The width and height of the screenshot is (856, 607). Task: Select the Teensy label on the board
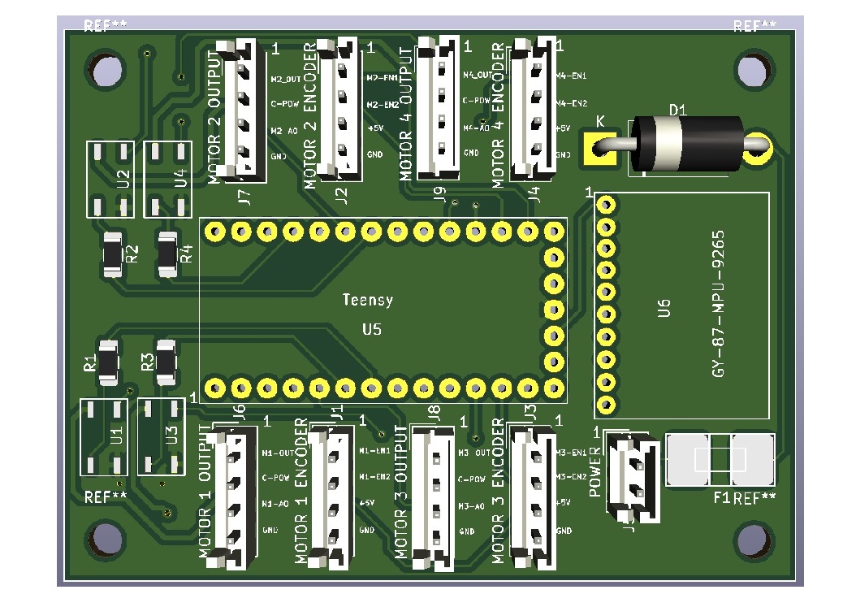tap(368, 300)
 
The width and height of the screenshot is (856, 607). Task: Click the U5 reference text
tap(371, 330)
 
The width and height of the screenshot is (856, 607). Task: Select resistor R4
tap(167, 254)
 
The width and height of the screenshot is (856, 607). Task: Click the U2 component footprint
tap(110, 179)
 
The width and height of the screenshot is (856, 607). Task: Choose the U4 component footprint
tap(167, 179)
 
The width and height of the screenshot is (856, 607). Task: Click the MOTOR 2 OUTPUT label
tap(215, 115)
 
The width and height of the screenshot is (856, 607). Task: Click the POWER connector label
tap(595, 470)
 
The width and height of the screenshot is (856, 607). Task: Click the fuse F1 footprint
tap(720, 460)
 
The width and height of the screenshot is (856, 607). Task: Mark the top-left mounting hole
tap(106, 69)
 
